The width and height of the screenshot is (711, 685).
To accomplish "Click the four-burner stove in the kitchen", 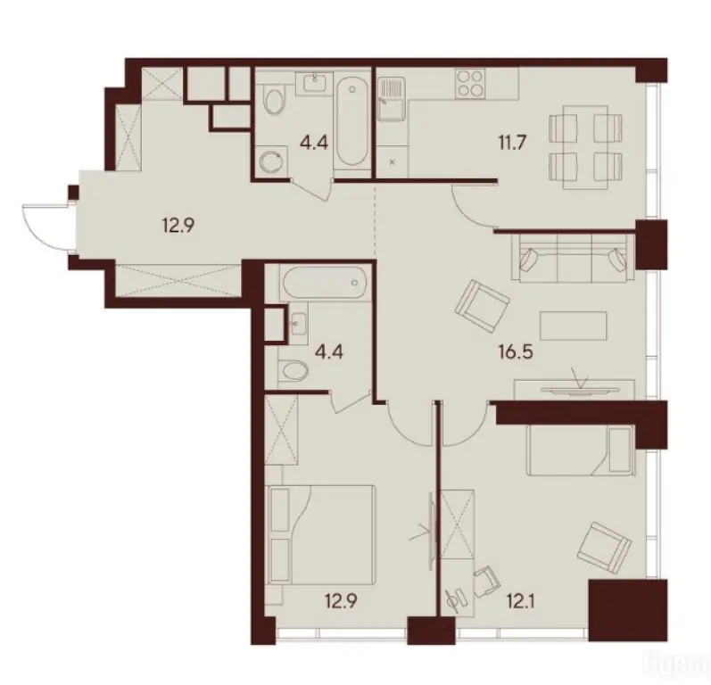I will [470, 87].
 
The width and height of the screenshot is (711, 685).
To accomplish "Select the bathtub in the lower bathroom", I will [322, 286].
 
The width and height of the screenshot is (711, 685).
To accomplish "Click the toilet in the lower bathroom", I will [293, 370].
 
